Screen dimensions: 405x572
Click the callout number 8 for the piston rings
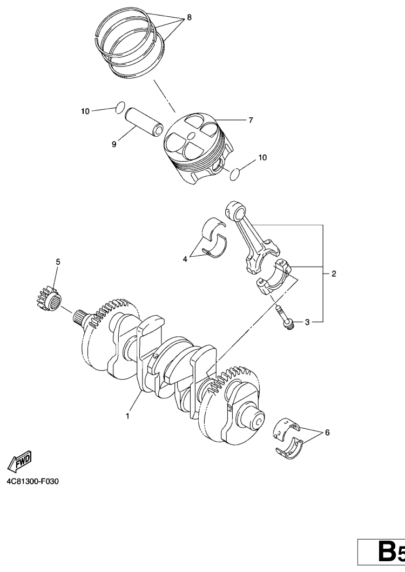[x=189, y=17]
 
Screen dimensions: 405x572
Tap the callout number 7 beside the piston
[x=251, y=120]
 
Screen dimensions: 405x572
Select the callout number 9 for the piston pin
[x=114, y=144]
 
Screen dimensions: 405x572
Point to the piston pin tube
[x=144, y=122]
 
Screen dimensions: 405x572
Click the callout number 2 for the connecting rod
[x=334, y=274]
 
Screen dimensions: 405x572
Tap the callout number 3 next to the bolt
[x=307, y=322]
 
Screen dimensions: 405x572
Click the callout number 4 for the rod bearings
[x=185, y=259]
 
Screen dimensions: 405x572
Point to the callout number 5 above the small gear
[x=58, y=262]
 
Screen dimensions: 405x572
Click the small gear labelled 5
[x=49, y=298]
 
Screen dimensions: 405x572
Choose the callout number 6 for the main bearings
[x=327, y=433]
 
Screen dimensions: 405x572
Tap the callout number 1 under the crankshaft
[x=127, y=416]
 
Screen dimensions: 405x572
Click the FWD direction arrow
[x=19, y=461]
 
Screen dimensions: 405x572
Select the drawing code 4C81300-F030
[x=32, y=482]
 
